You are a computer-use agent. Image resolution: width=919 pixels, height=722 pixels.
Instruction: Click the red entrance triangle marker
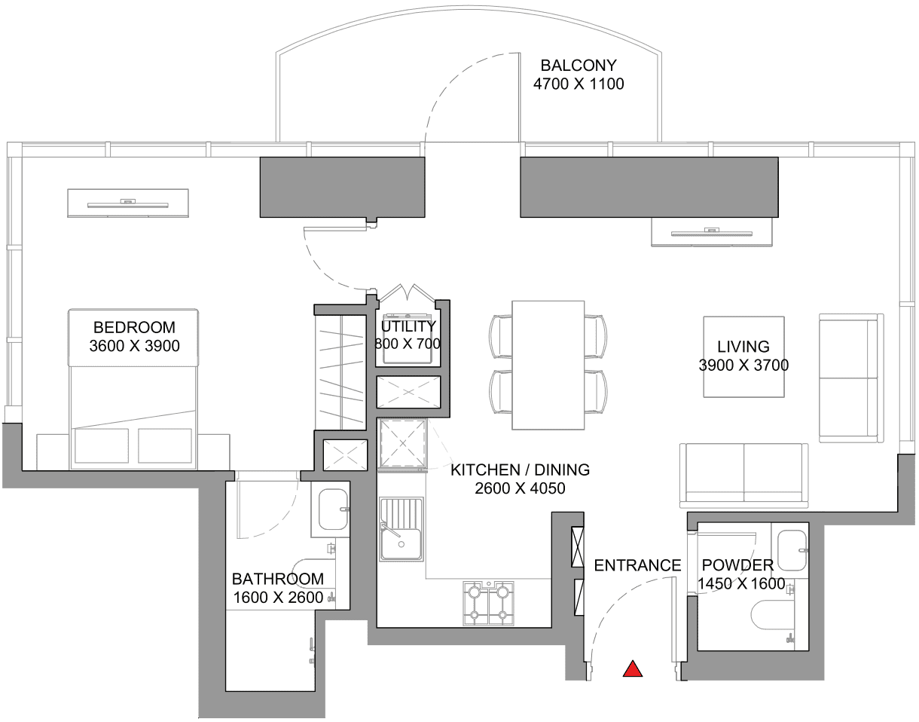(x=633, y=670)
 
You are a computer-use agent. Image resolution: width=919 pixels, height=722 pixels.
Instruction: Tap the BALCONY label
(x=579, y=66)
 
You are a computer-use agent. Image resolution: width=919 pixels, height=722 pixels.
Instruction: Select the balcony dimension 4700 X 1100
(x=579, y=84)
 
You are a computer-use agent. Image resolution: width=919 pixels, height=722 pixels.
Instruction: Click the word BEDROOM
(x=134, y=327)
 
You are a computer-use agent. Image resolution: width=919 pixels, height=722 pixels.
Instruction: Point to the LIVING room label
(x=743, y=347)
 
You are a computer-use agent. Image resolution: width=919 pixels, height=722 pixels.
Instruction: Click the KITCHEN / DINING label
(x=521, y=470)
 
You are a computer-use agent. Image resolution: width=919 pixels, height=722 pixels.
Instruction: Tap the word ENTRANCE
(x=638, y=565)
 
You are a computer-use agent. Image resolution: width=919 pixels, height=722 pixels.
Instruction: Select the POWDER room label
(x=738, y=565)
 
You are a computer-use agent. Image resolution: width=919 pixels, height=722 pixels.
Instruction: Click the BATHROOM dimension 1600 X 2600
(x=278, y=598)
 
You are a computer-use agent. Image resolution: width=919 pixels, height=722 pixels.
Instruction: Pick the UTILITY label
(x=408, y=326)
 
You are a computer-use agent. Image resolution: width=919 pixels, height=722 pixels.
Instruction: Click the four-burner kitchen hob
(x=489, y=603)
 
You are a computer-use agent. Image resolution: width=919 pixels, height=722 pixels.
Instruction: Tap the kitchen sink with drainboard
(x=401, y=529)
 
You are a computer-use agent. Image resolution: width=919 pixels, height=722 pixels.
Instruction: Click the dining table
(x=548, y=366)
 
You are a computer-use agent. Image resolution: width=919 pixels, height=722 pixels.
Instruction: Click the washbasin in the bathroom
(x=333, y=509)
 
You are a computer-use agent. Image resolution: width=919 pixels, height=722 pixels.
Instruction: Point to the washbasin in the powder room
(x=792, y=550)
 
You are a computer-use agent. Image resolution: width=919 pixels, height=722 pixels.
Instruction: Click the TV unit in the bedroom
(x=128, y=203)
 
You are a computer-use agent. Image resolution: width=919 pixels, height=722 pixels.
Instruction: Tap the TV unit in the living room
(x=712, y=232)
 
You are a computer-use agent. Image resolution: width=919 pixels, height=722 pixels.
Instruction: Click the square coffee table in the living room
(x=744, y=356)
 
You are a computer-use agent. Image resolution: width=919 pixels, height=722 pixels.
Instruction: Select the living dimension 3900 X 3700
(x=743, y=366)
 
